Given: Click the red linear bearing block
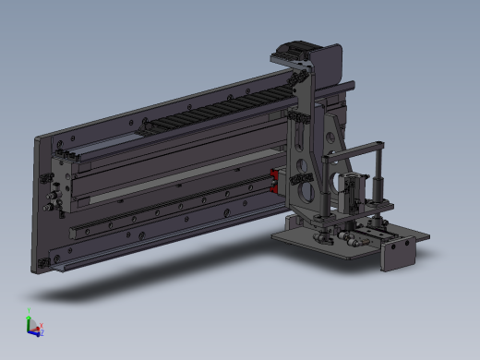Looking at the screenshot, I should pyautogui.click(x=274, y=181).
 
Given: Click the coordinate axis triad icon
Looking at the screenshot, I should pyautogui.click(x=32, y=325).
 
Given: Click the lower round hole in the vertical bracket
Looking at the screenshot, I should pyautogui.click(x=302, y=191).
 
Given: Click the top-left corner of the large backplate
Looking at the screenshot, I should pyautogui.click(x=38, y=139).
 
